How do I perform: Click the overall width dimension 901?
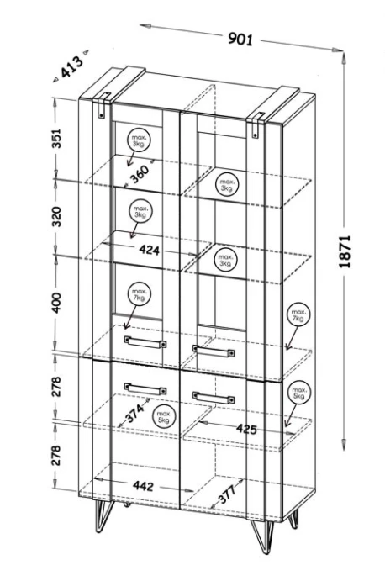(x=240, y=38)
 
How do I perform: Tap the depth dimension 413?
(x=71, y=66)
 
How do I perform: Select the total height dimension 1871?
(x=345, y=251)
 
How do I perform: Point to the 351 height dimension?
(x=55, y=138)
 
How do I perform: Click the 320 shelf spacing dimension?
(x=56, y=217)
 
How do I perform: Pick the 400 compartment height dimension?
(x=56, y=303)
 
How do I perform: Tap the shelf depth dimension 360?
(x=140, y=174)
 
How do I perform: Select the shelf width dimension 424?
(x=150, y=250)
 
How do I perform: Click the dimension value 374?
(x=134, y=413)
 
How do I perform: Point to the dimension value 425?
(x=246, y=429)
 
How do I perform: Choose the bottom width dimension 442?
(x=143, y=486)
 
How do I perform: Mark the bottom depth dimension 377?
(x=227, y=494)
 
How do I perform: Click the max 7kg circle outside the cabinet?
(x=298, y=315)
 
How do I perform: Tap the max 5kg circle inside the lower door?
(x=163, y=416)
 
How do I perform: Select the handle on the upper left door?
(x=145, y=342)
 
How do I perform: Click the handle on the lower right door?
(x=214, y=397)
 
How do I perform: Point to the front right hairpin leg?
(x=263, y=536)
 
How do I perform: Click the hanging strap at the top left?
(x=103, y=105)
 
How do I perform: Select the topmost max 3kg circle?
(x=139, y=140)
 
